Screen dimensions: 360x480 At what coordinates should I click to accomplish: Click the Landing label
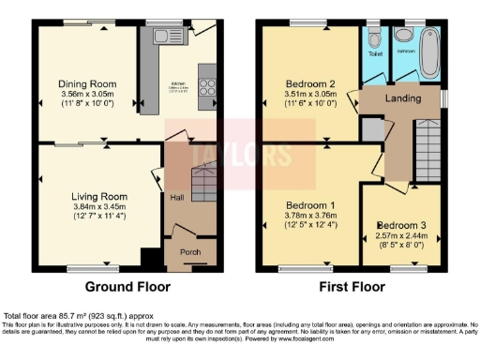click(402, 97)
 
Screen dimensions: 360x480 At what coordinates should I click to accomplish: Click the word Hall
click(177, 198)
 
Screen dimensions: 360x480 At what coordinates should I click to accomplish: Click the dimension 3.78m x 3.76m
click(312, 215)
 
